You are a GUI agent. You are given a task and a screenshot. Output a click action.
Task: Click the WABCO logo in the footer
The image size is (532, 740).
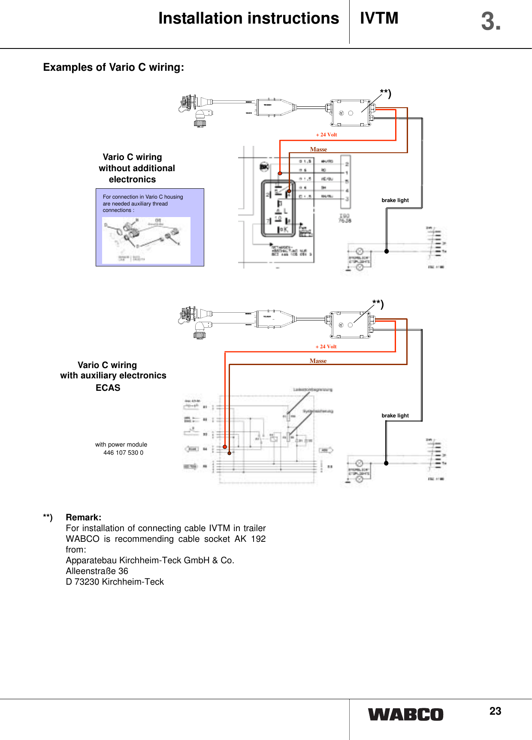coord(405,714)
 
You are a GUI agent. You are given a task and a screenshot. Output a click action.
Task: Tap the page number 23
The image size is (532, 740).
coord(495,711)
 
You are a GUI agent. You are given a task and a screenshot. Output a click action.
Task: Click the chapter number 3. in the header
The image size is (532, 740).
coord(490,21)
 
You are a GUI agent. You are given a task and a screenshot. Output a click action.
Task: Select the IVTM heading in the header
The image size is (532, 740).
coord(379,18)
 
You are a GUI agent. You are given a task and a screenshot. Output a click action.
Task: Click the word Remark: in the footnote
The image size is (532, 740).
coord(84,517)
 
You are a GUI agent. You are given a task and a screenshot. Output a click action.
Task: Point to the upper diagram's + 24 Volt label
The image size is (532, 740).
coord(326,135)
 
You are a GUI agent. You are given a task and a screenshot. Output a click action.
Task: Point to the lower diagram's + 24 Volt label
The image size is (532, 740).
coord(326,347)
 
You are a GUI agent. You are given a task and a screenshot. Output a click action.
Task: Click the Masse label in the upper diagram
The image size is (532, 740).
coord(318,149)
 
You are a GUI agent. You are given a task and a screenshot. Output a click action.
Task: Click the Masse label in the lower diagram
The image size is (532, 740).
coord(318,361)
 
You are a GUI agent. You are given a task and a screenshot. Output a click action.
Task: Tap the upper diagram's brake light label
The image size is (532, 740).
coord(395,200)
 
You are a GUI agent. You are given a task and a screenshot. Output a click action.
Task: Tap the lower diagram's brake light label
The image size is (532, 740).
coord(395,416)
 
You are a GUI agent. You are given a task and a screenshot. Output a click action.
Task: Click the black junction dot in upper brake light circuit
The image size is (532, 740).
coord(387,251)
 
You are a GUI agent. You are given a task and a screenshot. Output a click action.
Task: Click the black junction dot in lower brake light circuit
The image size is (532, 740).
coord(386,463)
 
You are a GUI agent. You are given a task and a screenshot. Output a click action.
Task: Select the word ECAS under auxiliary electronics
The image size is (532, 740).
coord(108,388)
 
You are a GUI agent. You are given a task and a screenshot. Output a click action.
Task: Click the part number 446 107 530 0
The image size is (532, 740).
coord(123,453)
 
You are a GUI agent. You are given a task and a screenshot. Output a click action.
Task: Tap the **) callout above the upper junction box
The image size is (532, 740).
coord(385,94)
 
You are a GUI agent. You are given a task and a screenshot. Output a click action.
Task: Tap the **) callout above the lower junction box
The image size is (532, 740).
coord(378,304)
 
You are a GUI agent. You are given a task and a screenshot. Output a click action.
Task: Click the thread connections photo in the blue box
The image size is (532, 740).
coord(146,240)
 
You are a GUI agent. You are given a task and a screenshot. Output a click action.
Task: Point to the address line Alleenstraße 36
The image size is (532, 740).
coord(97,571)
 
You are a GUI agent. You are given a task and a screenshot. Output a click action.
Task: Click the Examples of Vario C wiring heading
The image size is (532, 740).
coord(114,67)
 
